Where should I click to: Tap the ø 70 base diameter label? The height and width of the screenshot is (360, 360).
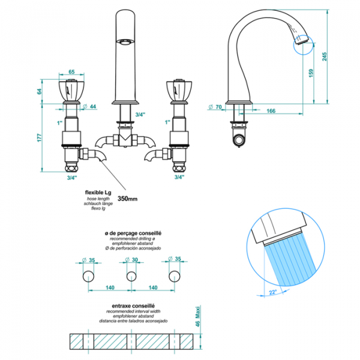click(x=215, y=107)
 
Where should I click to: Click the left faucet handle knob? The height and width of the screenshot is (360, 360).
click(x=70, y=90)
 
